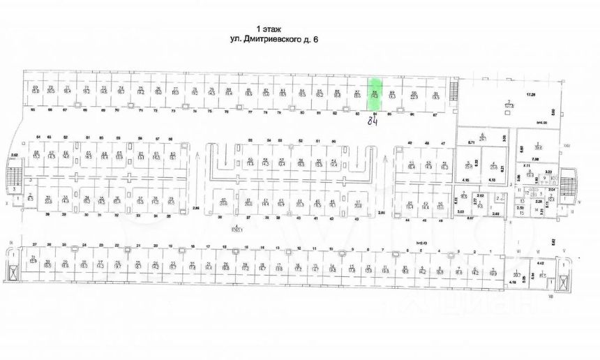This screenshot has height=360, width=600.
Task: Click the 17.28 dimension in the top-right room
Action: (x=530, y=93)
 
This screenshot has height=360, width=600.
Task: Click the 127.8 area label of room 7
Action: (x=509, y=105)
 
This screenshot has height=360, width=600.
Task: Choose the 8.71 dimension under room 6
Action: (x=471, y=142)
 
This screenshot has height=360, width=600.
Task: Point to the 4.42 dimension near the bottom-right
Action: (x=540, y=262)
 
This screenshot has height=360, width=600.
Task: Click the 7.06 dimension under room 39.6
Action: (x=538, y=159)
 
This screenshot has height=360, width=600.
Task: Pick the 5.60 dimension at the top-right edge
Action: (x=552, y=111)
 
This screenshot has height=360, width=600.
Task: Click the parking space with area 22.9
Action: (x=414, y=95)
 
